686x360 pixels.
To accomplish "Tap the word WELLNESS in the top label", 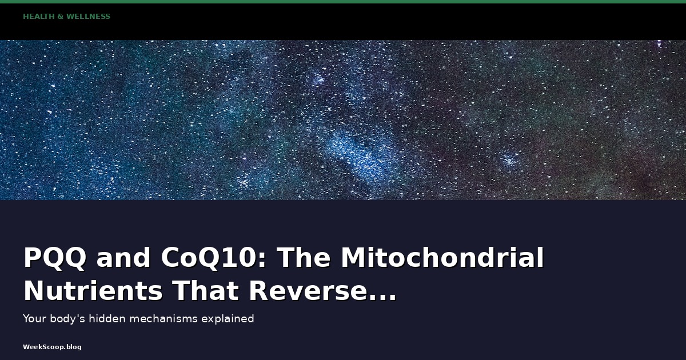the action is click(88, 17).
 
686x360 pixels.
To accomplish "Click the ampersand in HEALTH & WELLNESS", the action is click(61, 17).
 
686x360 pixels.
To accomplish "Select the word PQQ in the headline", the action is click(55, 258).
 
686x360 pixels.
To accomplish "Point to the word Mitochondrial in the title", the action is click(442, 257).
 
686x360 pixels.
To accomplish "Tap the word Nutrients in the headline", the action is click(93, 291).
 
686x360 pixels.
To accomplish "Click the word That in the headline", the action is click(205, 291).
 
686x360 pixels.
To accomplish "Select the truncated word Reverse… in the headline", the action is click(323, 291).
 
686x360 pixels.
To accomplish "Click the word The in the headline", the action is click(304, 257).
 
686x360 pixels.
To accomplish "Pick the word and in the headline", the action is click(123, 258).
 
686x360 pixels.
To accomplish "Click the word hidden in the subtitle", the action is click(107, 319).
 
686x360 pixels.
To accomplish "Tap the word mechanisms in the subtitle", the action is click(163, 319).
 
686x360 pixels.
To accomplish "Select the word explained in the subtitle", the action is click(228, 319).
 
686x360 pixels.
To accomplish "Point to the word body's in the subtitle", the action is click(67, 319).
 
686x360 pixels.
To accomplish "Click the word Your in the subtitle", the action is click(35, 319).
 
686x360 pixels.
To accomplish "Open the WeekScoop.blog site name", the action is click(52, 347).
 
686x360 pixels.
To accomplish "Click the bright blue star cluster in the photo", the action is click(358, 153).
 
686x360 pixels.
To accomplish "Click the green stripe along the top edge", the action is click(343, 2).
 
